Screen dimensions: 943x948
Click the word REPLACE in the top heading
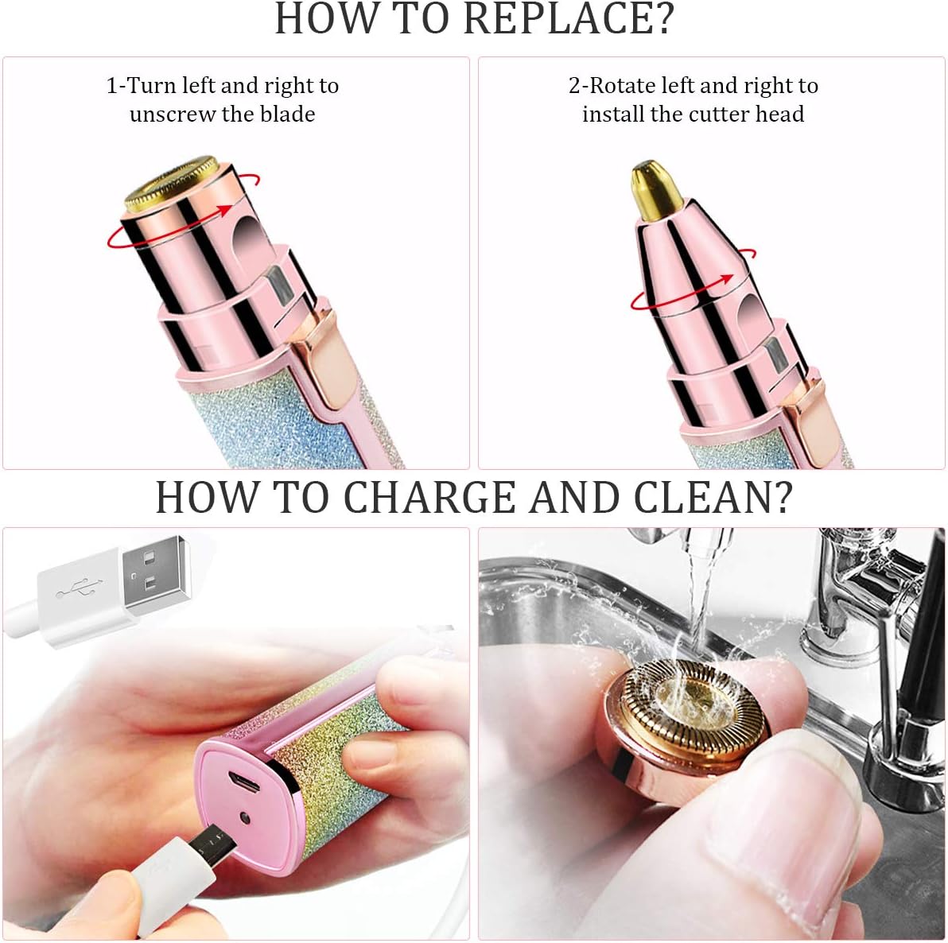tap(561, 18)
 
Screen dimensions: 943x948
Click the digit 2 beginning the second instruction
tap(574, 86)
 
